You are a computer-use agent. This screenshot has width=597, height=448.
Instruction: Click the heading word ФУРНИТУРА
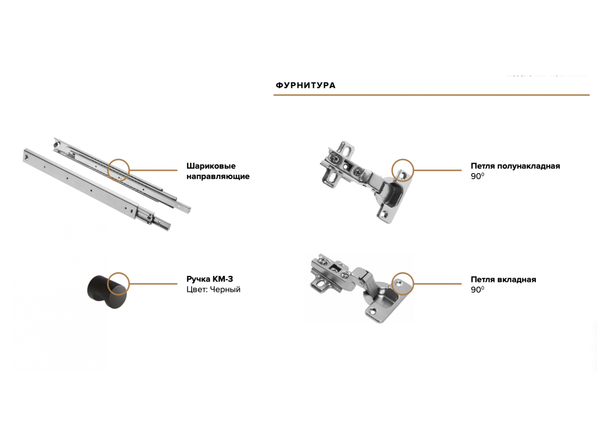(x=306, y=85)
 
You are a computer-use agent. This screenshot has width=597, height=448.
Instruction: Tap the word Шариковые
(x=211, y=166)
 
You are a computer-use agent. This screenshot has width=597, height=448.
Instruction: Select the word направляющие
(x=218, y=176)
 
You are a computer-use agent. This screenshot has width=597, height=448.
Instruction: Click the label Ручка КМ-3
(x=210, y=279)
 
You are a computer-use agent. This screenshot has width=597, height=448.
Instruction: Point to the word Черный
(x=225, y=289)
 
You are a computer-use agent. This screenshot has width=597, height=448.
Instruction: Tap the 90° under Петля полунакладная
(x=477, y=176)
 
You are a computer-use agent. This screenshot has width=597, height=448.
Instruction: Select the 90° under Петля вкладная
(x=477, y=289)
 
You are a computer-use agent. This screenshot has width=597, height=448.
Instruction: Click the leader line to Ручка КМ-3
(x=153, y=284)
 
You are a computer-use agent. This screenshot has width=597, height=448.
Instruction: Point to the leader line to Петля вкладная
(x=437, y=284)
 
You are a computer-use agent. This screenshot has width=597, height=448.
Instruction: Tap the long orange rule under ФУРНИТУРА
(x=432, y=95)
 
